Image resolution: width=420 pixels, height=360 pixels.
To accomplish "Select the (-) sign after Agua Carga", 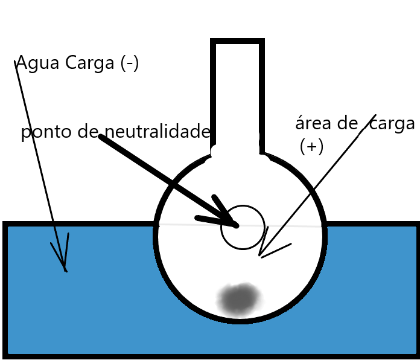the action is pyautogui.click(x=129, y=63).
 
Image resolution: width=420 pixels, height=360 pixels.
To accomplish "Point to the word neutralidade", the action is pyautogui.click(x=157, y=132).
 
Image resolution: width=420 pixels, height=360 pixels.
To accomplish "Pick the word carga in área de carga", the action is pyautogui.click(x=392, y=124).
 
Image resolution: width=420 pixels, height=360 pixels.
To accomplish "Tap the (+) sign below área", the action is pyautogui.click(x=311, y=147).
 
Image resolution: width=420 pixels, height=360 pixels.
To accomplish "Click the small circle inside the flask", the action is pyautogui.click(x=243, y=228).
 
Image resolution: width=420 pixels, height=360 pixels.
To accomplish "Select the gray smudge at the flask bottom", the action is pyautogui.click(x=240, y=298).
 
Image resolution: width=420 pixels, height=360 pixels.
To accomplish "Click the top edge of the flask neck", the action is pyautogui.click(x=237, y=42).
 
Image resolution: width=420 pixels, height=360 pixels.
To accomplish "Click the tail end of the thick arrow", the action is pyautogui.click(x=101, y=137).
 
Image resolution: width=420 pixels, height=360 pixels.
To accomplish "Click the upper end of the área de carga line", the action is pyautogui.click(x=375, y=115).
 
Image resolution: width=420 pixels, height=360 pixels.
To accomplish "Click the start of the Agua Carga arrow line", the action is pyautogui.click(x=16, y=62).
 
